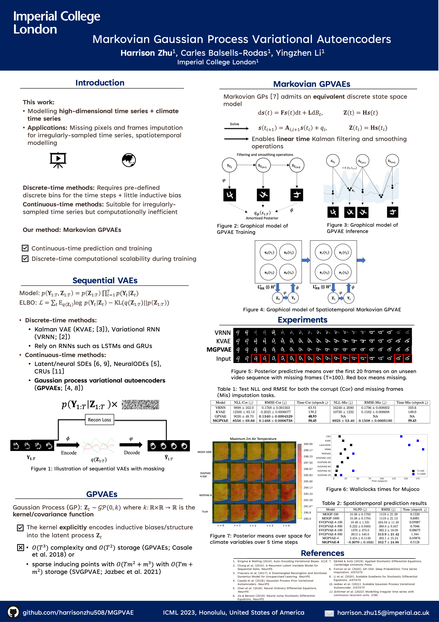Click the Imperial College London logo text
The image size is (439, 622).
pyautogui.click(x=57, y=23)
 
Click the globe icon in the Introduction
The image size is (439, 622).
pyautogui.click(x=129, y=160)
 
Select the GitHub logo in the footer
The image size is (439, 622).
pyautogui.click(x=13, y=612)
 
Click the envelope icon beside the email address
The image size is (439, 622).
pyautogui.click(x=329, y=613)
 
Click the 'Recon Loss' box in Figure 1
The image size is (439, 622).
pyautogui.click(x=99, y=420)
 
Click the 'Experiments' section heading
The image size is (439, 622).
pyautogui.click(x=302, y=320)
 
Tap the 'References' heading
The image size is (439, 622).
pyautogui.click(x=322, y=553)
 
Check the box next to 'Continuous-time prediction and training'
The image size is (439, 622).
pyautogui.click(x=25, y=248)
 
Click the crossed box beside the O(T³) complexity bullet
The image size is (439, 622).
pyautogui.click(x=21, y=547)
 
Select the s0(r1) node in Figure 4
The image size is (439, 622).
pyautogui.click(x=269, y=252)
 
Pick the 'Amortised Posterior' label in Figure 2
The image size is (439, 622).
pyautogui.click(x=262, y=218)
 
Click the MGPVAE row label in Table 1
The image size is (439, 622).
pyautogui.click(x=220, y=421)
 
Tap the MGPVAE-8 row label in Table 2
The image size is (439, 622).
pyautogui.click(x=330, y=542)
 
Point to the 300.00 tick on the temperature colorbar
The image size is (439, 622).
pyautogui.click(x=308, y=444)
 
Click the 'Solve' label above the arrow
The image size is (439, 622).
pyautogui.click(x=234, y=124)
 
